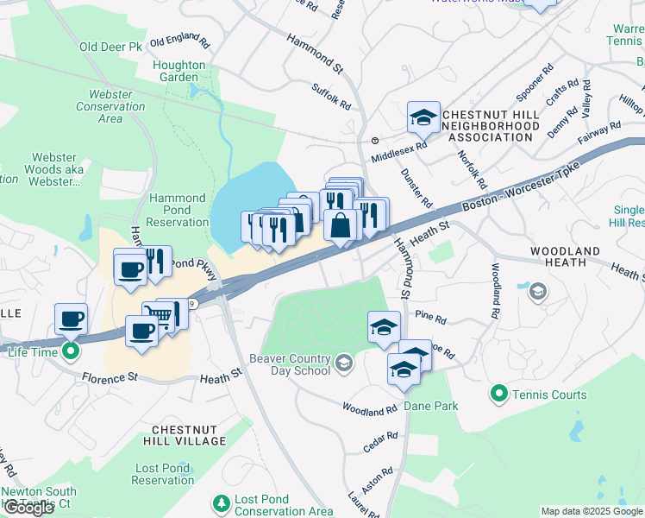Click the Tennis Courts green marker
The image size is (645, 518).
[498, 395]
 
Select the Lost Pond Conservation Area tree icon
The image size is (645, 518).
[222, 502]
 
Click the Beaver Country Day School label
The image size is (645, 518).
[290, 364]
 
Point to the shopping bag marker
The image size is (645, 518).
[341, 225]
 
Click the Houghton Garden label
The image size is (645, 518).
[179, 71]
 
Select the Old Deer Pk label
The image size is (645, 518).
[110, 47]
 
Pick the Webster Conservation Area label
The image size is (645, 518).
[110, 106]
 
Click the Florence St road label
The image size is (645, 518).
[110, 377]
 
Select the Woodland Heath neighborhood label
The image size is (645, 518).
[565, 256]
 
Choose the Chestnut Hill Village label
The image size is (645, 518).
[188, 434]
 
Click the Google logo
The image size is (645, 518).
[28, 508]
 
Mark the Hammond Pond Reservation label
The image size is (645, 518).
[178, 210]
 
